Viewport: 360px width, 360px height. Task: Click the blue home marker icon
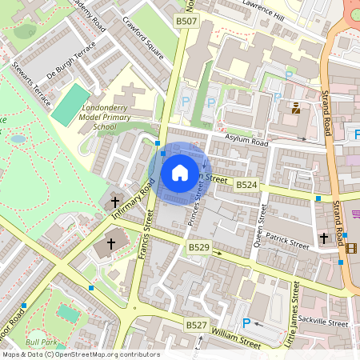point(180,171)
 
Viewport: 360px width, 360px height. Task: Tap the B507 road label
point(186,21)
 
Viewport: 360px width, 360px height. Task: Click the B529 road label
point(198,249)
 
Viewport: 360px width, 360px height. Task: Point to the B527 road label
point(197,325)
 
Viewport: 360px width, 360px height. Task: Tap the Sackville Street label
point(326,324)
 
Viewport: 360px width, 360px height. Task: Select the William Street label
point(238,342)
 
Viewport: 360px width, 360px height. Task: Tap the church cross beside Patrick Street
point(324,238)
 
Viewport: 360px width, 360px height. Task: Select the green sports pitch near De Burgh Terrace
point(71,105)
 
